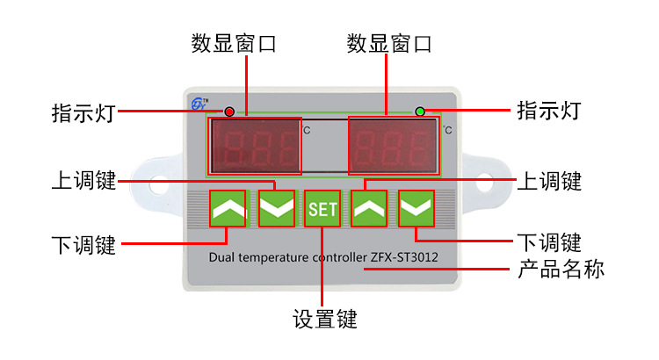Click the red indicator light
pyautogui.click(x=229, y=112)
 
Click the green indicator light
pyautogui.click(x=420, y=112)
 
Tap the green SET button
pyautogui.click(x=322, y=209)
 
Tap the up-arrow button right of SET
pyautogui.click(x=370, y=209)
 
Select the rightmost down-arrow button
pyautogui.click(x=416, y=209)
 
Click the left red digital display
pyautogui.click(x=254, y=145)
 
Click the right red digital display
pyautogui.click(x=393, y=145)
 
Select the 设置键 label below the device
pyautogui.click(x=324, y=318)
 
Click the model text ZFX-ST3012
pyautogui.click(x=401, y=257)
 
